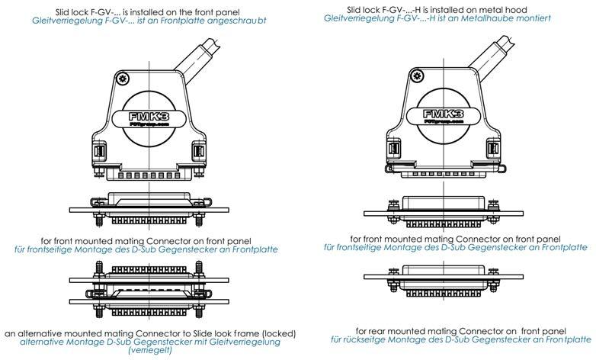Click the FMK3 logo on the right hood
(443, 115)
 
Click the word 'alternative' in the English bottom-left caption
(35, 333)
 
